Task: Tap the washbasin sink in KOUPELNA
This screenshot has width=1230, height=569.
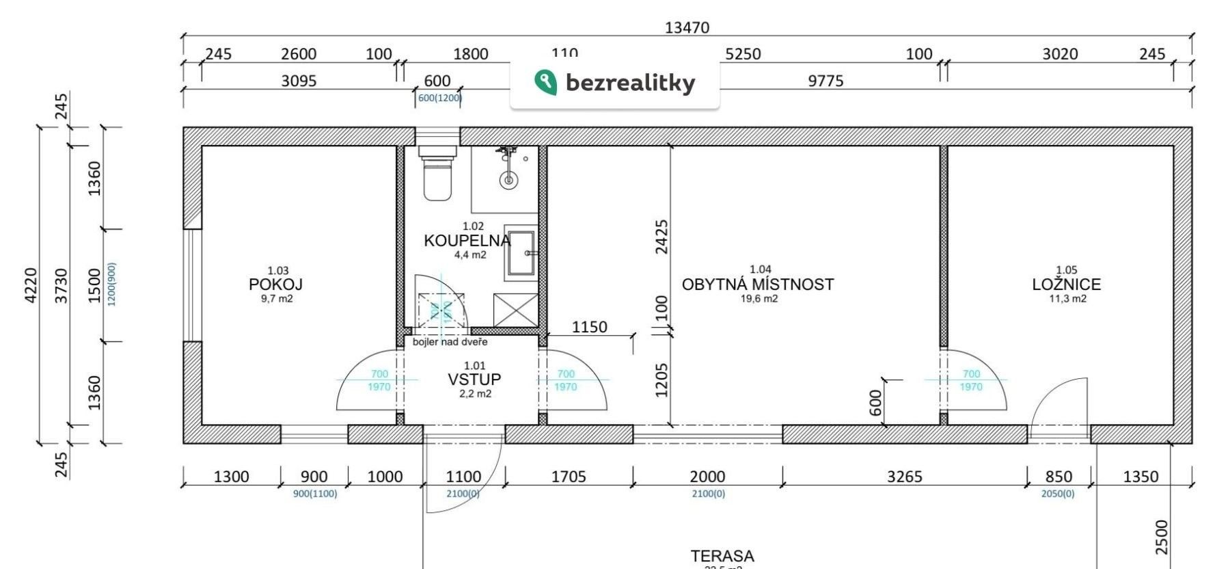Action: coord(521,252)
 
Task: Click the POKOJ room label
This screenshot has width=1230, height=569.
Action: coord(275,284)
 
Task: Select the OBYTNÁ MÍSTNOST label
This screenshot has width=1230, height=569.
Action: coord(758,284)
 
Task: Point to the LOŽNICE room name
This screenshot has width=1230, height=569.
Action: coord(1066,284)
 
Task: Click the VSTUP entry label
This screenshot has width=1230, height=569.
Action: coord(474,380)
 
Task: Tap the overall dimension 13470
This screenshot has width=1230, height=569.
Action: coord(687,28)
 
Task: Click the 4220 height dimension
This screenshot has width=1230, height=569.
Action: coord(31,285)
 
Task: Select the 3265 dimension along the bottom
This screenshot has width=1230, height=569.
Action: coord(904,477)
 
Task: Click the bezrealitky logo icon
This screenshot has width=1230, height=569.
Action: coord(545,82)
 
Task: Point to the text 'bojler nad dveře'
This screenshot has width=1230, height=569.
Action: coord(450,342)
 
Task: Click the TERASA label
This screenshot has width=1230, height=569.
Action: coord(722,556)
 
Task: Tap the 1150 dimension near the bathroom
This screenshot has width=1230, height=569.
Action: coord(589,328)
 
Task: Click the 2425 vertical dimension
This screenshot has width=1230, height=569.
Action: coord(661,237)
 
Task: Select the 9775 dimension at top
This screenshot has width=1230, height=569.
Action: coord(825,81)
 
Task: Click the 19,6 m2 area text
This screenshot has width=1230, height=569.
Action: coord(758,299)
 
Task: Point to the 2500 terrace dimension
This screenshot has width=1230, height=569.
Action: coord(1162,537)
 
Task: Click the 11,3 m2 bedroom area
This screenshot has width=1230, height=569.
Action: coord(1067,299)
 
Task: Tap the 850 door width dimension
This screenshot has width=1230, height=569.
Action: coord(1058,477)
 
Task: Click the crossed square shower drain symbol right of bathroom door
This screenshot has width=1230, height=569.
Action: coord(515,310)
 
